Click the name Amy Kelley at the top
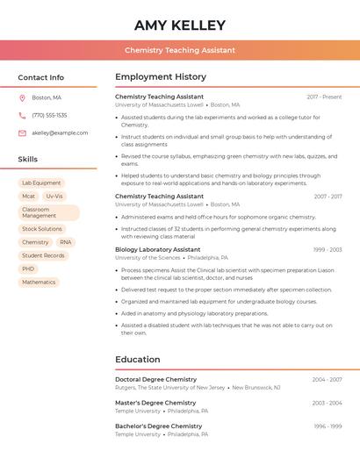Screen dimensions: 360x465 point(180,25)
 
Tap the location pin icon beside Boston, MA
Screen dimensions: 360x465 point(22,97)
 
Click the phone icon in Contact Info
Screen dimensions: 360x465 point(22,115)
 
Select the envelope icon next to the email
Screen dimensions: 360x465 point(22,133)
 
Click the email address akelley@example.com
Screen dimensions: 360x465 point(60,133)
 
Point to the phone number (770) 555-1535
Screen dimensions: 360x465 point(49,115)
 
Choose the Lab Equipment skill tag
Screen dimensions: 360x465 point(41,182)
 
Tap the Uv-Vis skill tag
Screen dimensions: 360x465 point(54,197)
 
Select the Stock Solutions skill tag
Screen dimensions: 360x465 point(42,229)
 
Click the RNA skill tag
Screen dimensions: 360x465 point(66,242)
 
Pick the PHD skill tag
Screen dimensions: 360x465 point(29,268)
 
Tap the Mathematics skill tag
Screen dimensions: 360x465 point(39,283)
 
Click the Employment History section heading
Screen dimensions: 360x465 point(161,77)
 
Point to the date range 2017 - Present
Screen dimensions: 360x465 point(324,97)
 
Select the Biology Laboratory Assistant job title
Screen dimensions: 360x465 point(158,249)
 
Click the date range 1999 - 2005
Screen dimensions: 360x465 point(327,249)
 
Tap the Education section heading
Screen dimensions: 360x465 point(138,360)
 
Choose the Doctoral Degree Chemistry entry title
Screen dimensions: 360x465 point(156,379)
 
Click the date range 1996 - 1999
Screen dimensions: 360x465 point(327,426)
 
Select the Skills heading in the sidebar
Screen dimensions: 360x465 point(28,160)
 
